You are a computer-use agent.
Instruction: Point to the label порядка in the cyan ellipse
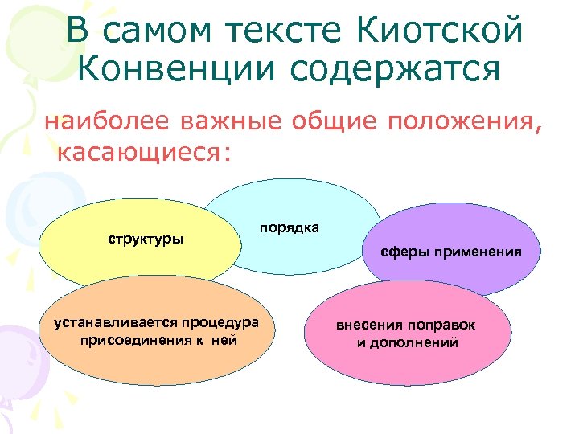tap(289, 227)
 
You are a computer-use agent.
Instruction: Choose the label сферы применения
tap(451, 252)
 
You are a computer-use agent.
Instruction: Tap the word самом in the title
tap(162, 31)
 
